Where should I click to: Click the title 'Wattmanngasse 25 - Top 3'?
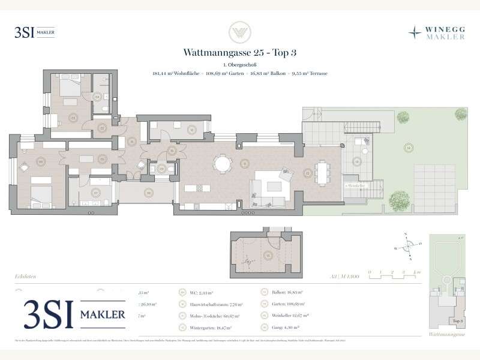click(240, 52)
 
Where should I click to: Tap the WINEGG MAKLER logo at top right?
click(436, 32)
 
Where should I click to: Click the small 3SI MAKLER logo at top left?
click(34, 32)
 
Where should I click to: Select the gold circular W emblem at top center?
click(240, 32)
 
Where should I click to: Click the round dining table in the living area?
click(223, 163)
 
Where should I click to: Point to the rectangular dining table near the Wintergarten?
click(323, 173)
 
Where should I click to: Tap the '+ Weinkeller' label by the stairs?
click(355, 185)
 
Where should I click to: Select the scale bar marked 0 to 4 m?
click(394, 275)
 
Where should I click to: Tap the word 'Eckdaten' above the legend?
click(25, 276)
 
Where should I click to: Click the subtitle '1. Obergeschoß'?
click(240, 64)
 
